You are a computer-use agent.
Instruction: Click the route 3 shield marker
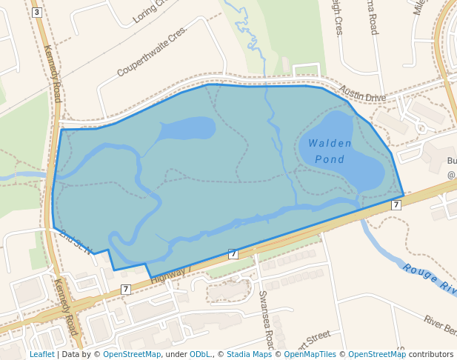coord(37,12)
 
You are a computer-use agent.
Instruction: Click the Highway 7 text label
coord(171,275)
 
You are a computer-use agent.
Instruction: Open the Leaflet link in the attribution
coord(41,354)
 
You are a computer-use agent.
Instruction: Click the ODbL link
coord(200,354)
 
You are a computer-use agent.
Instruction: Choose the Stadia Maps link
coord(247,354)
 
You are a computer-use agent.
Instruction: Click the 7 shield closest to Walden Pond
coord(396,204)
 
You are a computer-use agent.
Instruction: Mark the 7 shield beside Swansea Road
coord(233,254)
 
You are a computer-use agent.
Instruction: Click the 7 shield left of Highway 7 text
coord(126,289)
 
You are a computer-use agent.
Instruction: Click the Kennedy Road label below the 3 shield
coord(52,74)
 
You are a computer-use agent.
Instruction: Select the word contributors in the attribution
coord(431,354)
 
